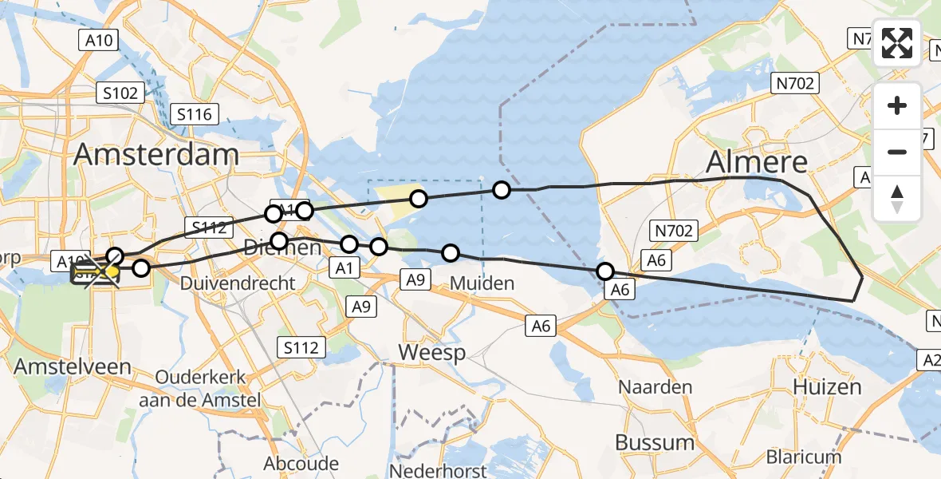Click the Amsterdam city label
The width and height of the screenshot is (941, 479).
click(x=156, y=154)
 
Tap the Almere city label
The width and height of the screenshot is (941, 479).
click(x=757, y=162)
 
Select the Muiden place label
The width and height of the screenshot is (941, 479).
click(x=482, y=283)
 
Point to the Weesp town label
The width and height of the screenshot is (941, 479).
click(x=431, y=352)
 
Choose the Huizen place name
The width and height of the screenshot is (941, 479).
click(x=827, y=387)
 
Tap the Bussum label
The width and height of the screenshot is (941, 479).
click(x=655, y=441)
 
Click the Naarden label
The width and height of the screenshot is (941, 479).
click(x=656, y=387)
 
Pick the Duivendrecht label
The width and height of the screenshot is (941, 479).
click(x=238, y=283)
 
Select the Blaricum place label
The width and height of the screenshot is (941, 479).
click(x=804, y=457)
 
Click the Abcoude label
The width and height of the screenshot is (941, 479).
click(x=301, y=463)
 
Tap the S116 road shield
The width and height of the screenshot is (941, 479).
click(x=195, y=114)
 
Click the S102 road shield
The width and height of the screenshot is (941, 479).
click(x=120, y=93)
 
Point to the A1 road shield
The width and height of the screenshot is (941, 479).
click(x=345, y=268)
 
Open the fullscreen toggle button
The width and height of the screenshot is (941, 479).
click(x=897, y=43)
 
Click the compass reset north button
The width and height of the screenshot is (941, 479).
click(x=897, y=199)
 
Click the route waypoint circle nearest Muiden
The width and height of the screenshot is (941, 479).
click(x=451, y=253)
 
